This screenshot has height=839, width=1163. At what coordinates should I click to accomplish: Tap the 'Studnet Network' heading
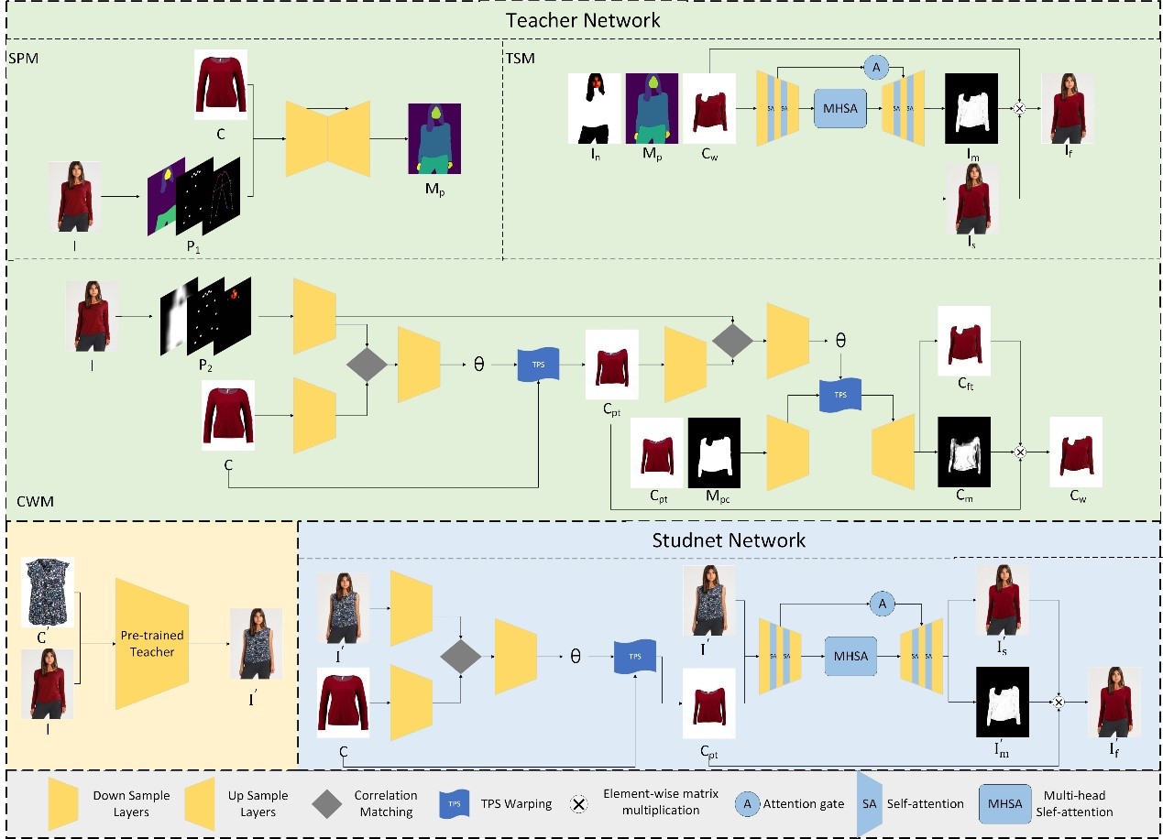[x=729, y=539]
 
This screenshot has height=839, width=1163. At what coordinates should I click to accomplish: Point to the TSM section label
[x=521, y=58]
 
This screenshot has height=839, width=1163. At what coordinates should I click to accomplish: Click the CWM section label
[x=36, y=502]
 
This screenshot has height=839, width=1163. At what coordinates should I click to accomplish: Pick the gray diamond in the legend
[x=328, y=803]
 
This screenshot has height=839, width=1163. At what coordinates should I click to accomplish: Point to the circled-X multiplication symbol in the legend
[x=578, y=804]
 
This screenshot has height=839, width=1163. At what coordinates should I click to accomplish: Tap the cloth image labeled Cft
[x=963, y=340]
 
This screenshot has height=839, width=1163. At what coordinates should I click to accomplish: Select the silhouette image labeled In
[x=595, y=107]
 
